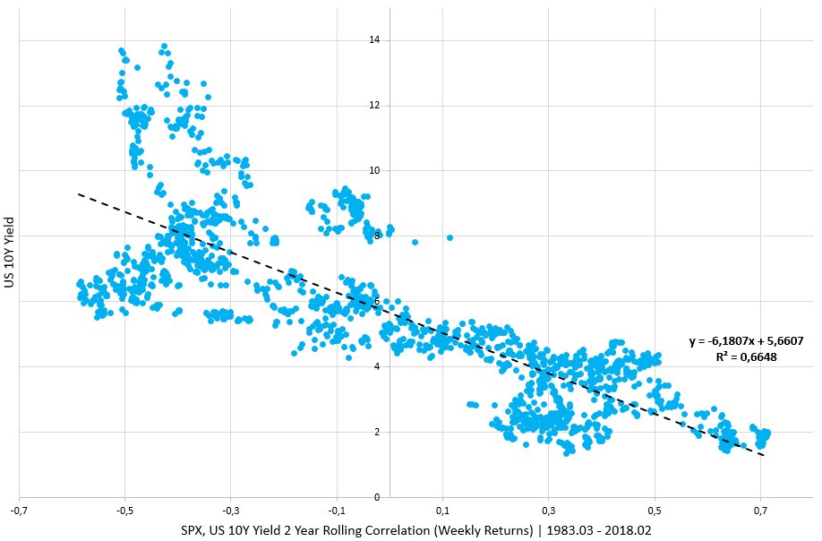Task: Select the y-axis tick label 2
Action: click(377, 432)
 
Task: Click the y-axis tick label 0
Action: click(377, 497)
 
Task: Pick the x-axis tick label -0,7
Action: click(19, 511)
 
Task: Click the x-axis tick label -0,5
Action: click(124, 511)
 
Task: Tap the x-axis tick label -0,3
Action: click(230, 511)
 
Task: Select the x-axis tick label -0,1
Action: click(336, 511)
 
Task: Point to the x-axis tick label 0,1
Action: click(443, 511)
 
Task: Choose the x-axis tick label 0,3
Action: click(549, 511)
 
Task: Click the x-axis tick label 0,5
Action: click(655, 511)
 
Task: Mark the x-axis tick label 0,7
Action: click(761, 511)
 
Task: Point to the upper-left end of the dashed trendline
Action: click(78, 193)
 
